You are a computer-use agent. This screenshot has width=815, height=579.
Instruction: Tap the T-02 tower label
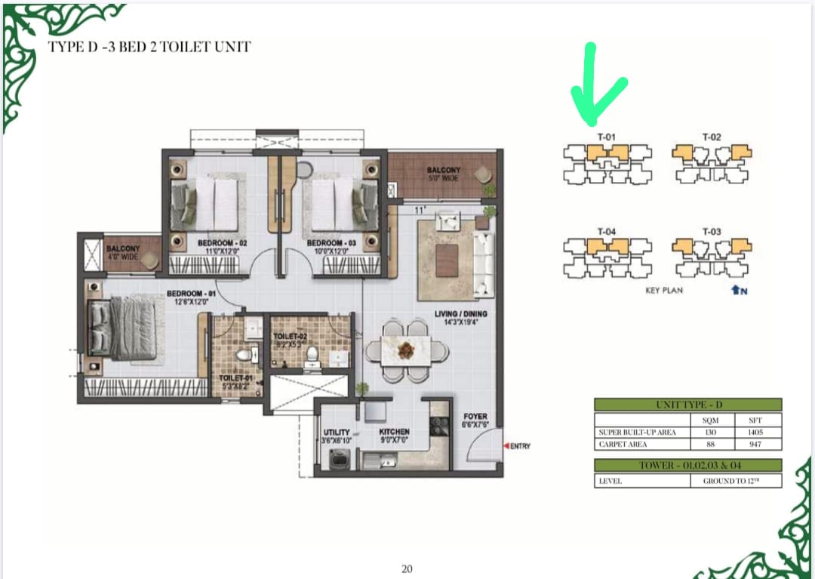coord(712,137)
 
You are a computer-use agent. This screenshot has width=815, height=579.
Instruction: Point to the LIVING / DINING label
coord(460,314)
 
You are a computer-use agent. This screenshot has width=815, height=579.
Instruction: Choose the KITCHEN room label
coord(394,433)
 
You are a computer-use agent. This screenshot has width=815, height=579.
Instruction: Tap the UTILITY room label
coord(336,433)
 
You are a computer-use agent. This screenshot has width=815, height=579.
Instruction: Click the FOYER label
coord(475,417)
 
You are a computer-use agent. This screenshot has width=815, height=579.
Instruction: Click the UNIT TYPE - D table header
coord(687,405)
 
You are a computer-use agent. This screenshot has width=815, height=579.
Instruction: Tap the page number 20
coord(407,568)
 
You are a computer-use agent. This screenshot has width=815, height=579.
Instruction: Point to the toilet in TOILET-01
coord(243,356)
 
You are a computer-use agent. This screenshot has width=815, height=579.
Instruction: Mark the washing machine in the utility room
coord(337,457)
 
